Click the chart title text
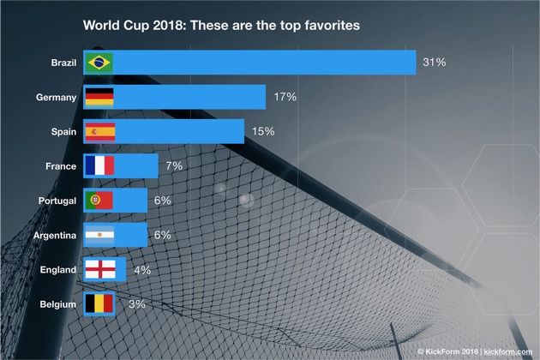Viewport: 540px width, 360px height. click(220, 26)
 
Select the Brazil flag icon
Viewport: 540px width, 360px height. click(99, 63)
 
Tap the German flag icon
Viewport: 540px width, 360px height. click(99, 97)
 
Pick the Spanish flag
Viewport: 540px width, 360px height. click(99, 131)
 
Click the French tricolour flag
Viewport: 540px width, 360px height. click(99, 165)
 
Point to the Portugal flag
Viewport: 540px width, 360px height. click(99, 200)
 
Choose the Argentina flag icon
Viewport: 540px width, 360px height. click(99, 235)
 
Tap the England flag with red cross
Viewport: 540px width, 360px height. click(99, 269)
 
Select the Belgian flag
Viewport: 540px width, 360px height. click(99, 303)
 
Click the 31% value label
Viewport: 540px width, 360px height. click(434, 63)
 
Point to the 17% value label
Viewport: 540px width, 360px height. click(285, 97)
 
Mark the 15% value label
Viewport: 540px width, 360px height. click(262, 131)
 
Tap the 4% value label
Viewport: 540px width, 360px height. click(141, 269)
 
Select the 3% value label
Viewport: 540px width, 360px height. click(136, 303)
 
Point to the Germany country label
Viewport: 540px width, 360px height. click(57, 97)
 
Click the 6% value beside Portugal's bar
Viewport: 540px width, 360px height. click(162, 200)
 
